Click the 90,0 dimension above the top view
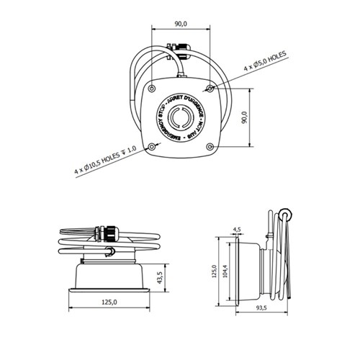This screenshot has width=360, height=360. (181, 24)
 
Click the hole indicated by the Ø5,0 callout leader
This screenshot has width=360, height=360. (210, 88)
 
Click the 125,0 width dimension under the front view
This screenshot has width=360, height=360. (111, 302)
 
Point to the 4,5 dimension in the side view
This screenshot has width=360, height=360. (237, 230)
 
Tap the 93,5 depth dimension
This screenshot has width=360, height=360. (261, 308)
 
